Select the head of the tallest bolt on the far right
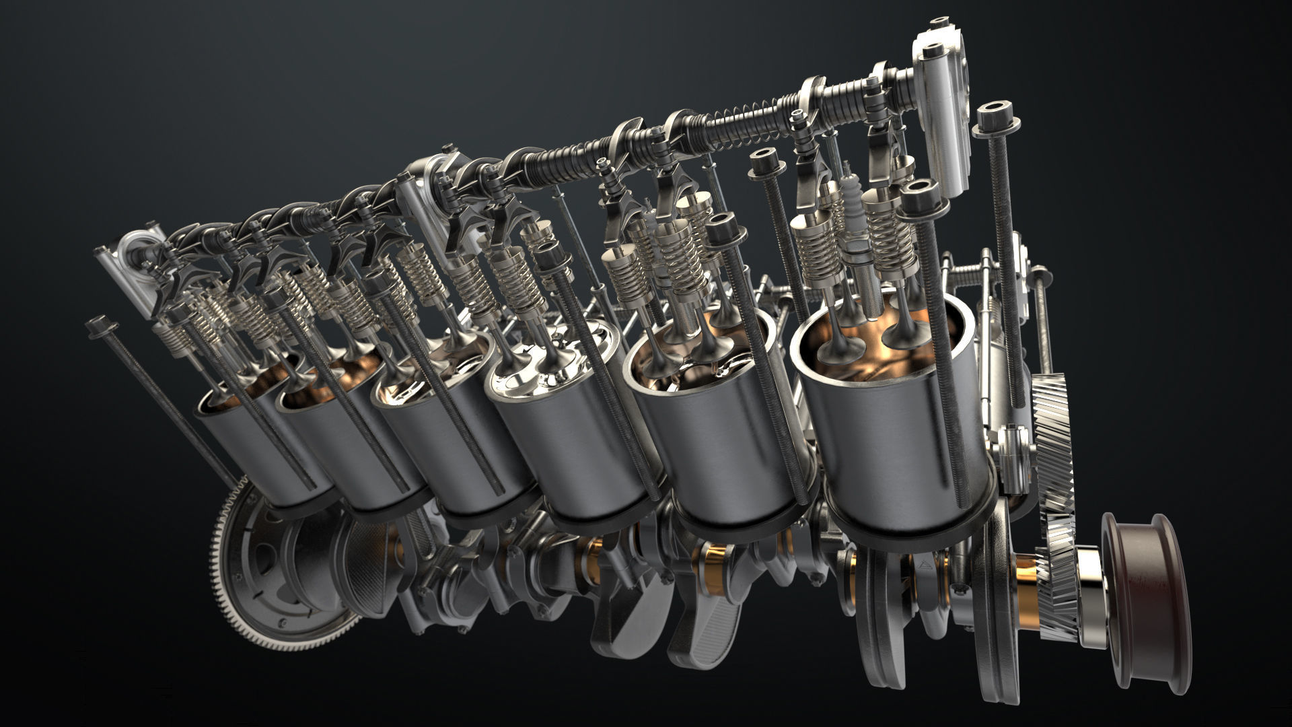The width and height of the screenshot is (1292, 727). pos(993,121)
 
